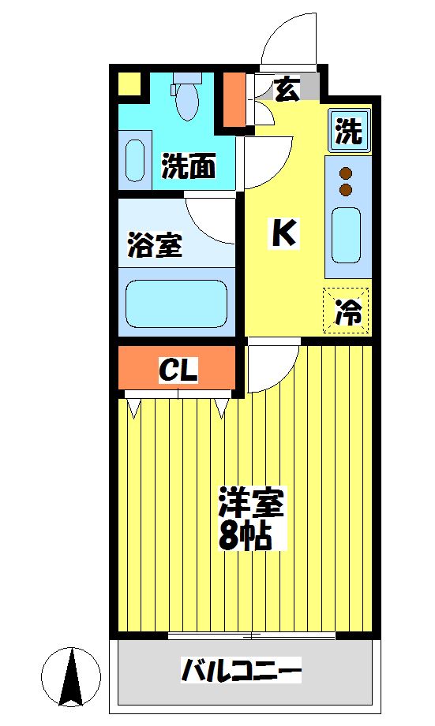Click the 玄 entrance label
[287, 90]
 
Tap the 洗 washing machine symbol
[347, 131]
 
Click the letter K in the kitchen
[284, 233]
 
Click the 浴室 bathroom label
[155, 244]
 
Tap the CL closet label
[178, 369]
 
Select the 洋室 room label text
[250, 502]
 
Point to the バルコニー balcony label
[242, 672]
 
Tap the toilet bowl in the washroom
[188, 101]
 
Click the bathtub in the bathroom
[177, 303]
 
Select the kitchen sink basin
[347, 235]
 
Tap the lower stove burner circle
[346, 190]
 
